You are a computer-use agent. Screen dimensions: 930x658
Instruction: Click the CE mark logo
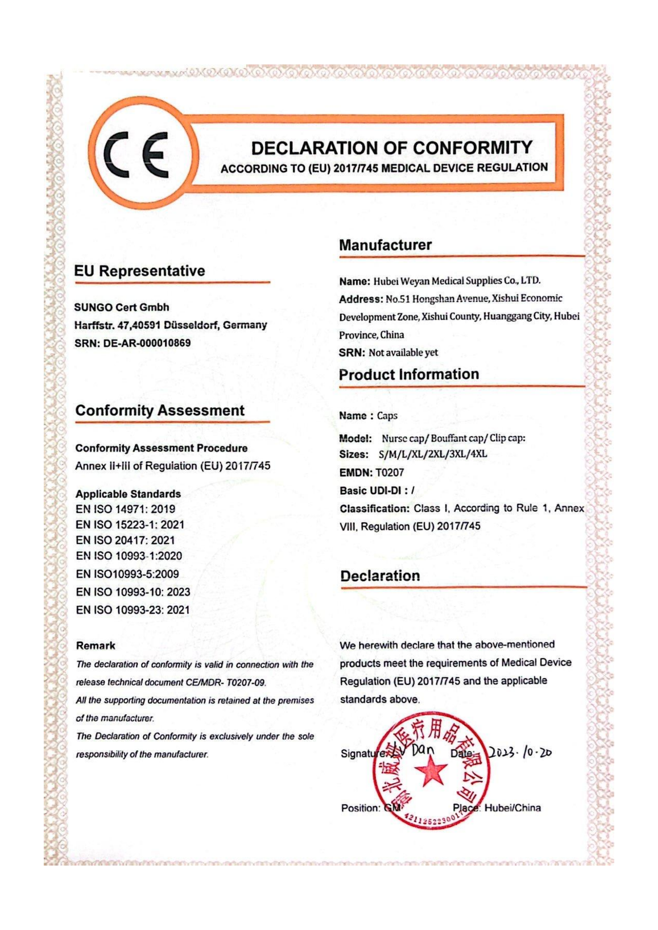click(138, 155)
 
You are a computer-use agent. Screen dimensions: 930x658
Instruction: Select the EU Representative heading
click(140, 271)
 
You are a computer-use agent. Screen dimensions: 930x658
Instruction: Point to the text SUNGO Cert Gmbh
click(122, 307)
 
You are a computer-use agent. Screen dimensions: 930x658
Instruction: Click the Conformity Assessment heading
click(160, 410)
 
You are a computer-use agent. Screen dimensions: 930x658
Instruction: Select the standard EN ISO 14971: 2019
click(125, 509)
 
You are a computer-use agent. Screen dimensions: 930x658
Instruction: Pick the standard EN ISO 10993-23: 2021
click(132, 610)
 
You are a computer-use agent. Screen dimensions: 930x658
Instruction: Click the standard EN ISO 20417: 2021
click(125, 540)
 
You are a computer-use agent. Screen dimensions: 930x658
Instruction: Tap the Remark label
click(95, 646)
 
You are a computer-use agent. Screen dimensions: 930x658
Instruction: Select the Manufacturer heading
click(385, 245)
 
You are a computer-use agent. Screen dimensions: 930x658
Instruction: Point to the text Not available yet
click(403, 352)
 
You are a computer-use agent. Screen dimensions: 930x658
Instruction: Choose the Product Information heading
click(409, 374)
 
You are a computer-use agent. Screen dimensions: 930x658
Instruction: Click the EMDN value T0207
click(390, 472)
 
